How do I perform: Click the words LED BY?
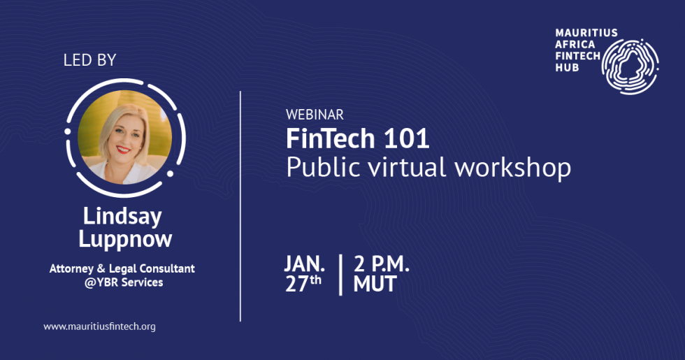[89, 60]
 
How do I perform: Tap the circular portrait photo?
[125, 136]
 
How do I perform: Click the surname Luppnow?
[125, 239]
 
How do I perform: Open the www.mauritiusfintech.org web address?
[99, 326]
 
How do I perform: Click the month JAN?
[304, 264]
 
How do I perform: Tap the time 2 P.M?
[382, 264]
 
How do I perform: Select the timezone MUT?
[375, 285]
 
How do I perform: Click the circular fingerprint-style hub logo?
[630, 65]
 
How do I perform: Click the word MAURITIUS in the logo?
[577, 33]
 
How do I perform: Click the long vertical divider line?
[240, 206]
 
